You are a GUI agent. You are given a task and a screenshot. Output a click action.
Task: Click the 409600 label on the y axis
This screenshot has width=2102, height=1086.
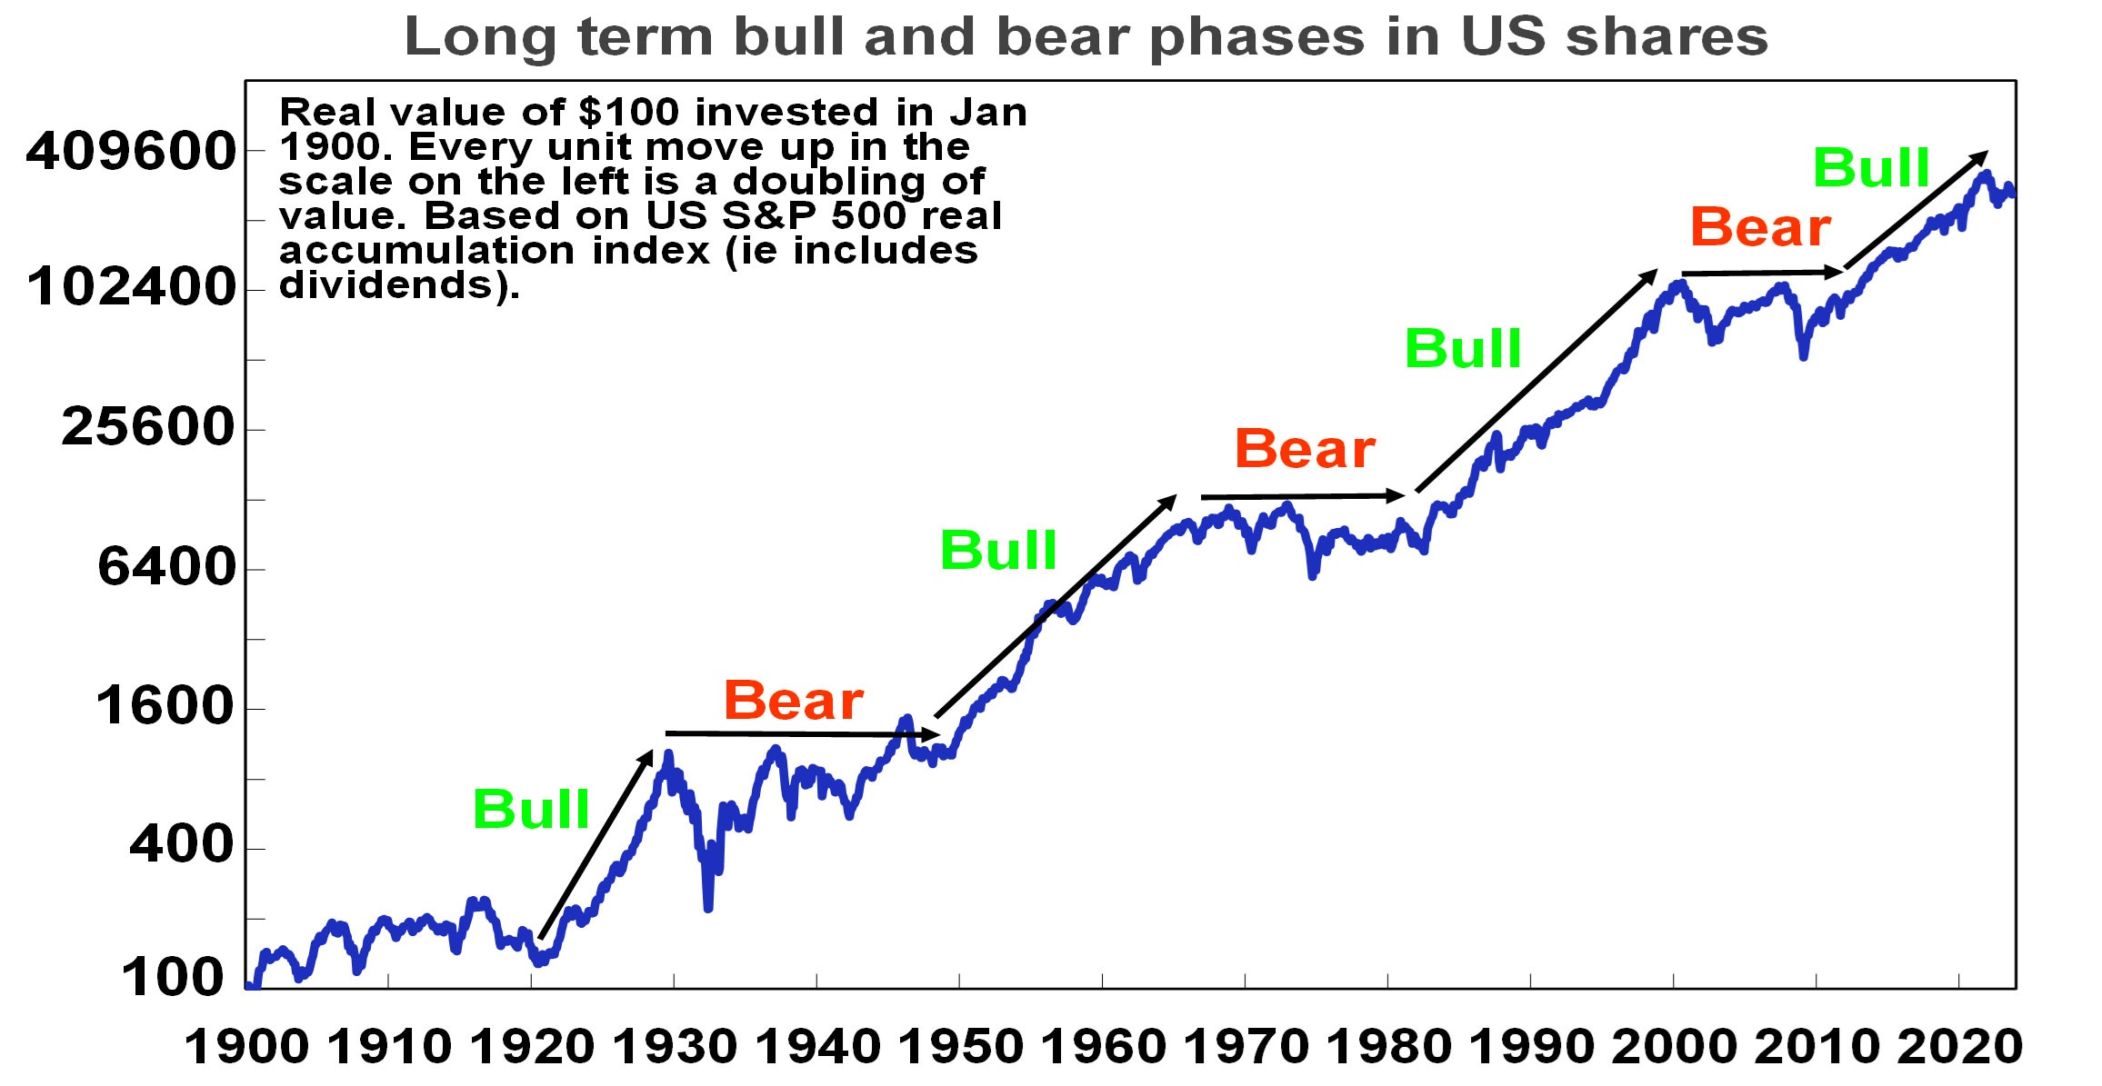click(x=132, y=151)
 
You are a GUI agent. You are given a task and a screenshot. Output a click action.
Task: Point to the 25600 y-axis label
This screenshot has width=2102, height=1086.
click(x=148, y=427)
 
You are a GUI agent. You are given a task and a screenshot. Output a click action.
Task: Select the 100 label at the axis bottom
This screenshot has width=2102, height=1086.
click(x=173, y=980)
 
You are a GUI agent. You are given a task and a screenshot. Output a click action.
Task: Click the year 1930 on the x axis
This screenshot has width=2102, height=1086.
click(x=675, y=1047)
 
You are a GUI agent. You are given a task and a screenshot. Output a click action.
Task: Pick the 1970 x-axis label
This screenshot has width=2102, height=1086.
click(x=1246, y=1047)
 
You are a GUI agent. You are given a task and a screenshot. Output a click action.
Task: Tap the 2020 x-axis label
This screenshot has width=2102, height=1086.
click(x=1959, y=1047)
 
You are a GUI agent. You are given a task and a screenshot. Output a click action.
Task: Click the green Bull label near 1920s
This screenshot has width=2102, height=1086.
click(x=531, y=809)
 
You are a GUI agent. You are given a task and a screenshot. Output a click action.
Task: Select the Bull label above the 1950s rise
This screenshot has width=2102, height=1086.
click(x=998, y=550)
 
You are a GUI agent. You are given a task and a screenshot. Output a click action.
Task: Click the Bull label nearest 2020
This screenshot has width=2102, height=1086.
click(x=1871, y=168)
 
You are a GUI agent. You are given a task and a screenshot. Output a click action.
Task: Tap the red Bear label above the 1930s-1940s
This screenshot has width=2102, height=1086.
click(x=793, y=701)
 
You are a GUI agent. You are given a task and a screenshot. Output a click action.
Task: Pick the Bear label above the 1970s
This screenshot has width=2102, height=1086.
click(x=1305, y=449)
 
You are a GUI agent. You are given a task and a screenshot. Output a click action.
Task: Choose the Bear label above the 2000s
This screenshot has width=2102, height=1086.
click(x=1760, y=227)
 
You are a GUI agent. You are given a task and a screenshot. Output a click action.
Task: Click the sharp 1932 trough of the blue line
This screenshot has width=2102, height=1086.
click(x=708, y=906)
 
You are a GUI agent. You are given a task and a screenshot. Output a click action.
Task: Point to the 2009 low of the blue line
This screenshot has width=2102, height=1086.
click(x=1804, y=355)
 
